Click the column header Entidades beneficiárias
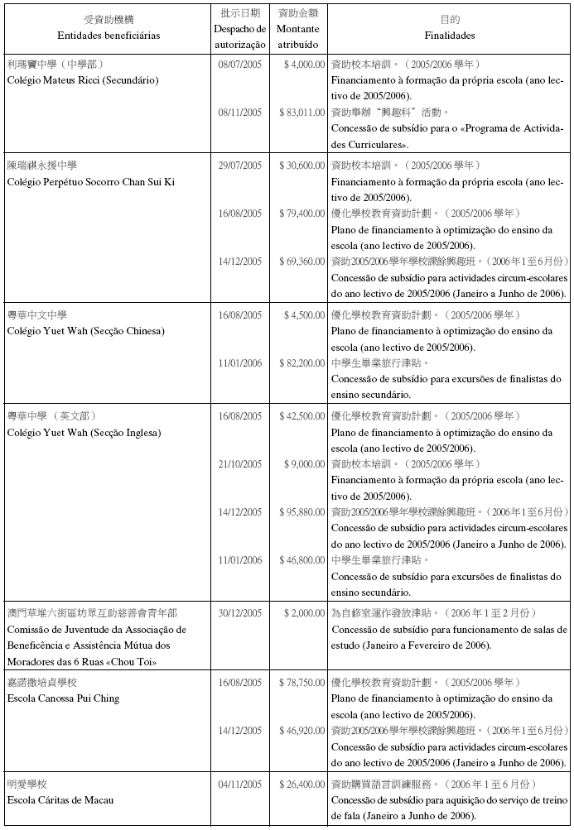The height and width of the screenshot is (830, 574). [109, 36]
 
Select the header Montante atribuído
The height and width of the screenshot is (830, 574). [299, 36]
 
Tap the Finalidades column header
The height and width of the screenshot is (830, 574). [450, 36]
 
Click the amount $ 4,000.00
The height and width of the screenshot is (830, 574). [304, 64]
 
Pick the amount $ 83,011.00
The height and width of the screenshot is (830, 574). [301, 112]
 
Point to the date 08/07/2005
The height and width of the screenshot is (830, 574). [239, 64]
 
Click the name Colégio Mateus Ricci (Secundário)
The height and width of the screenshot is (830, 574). [82, 79]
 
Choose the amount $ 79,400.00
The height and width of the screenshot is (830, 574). [301, 213]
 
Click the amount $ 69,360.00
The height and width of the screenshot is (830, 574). [301, 261]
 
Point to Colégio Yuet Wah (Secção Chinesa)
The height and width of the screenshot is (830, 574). [85, 331]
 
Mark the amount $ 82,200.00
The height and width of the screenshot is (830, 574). [301, 363]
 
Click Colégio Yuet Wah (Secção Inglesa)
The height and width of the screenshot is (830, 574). [84, 433]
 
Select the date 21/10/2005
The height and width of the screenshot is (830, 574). [239, 464]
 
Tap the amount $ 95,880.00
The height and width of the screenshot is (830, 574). [301, 512]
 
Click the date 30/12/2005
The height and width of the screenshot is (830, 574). [239, 613]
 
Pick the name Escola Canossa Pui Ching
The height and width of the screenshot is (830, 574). [63, 698]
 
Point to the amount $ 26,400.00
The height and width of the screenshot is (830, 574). [301, 784]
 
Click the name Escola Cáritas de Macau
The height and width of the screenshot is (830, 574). [60, 800]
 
